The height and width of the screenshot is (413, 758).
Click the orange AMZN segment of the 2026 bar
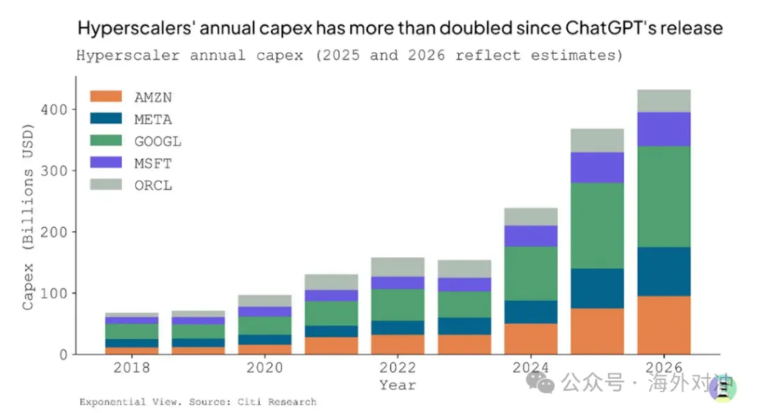(x=663, y=325)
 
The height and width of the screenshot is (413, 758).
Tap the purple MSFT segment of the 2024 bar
(x=530, y=236)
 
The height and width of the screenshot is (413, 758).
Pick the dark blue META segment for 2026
(x=663, y=272)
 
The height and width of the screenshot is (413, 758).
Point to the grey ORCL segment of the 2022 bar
(x=397, y=267)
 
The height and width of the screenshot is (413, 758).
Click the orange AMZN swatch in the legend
(x=105, y=97)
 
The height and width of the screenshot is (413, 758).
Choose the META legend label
(x=153, y=119)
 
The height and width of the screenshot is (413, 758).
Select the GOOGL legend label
(x=158, y=141)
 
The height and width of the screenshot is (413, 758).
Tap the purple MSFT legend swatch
(x=105, y=164)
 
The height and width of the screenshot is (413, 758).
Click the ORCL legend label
(x=153, y=186)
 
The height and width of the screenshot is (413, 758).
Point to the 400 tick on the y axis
(x=55, y=110)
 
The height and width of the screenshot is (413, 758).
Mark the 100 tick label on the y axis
(x=55, y=294)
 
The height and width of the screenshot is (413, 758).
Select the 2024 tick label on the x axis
(x=530, y=369)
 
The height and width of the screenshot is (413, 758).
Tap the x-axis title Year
(x=398, y=385)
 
